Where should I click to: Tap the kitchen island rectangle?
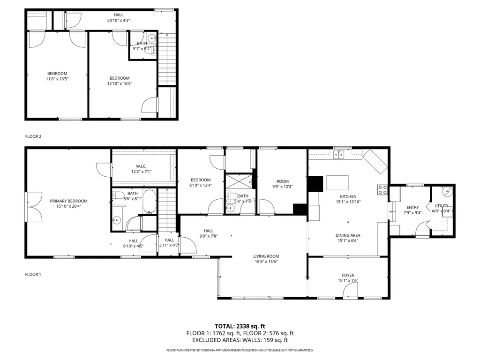coord(337,182)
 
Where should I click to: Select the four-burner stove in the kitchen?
coord(382,190)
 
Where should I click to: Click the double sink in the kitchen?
coord(341,154)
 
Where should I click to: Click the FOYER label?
coord(348,275)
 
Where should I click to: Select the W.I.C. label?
coord(141,166)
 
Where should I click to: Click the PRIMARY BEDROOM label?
coord(68,201)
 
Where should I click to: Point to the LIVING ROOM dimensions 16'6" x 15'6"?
coord(266,262)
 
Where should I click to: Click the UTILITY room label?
coord(441,206)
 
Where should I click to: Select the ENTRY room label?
coord(412,207)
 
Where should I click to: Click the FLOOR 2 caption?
coord(33,136)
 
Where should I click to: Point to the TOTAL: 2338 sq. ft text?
coord(240,326)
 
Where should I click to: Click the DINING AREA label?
coord(348,235)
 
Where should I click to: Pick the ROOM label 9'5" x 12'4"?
coord(282,181)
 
